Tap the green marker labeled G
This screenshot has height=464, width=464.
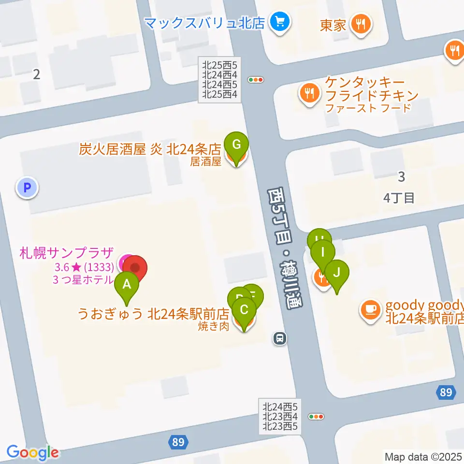236,145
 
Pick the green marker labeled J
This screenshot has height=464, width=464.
336,273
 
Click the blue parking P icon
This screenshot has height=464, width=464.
27,187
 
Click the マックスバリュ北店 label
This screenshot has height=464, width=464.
204,22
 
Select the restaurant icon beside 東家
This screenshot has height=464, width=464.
361,23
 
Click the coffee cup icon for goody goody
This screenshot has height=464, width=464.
371,309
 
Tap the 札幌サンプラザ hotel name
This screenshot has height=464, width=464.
67,252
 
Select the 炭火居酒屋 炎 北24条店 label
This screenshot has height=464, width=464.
150,149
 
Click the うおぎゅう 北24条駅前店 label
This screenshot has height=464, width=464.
153,315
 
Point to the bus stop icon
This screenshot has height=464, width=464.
279,338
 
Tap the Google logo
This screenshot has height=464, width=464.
33,452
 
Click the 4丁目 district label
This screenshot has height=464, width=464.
399,198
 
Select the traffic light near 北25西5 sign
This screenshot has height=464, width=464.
255,80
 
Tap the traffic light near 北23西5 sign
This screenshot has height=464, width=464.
316,416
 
